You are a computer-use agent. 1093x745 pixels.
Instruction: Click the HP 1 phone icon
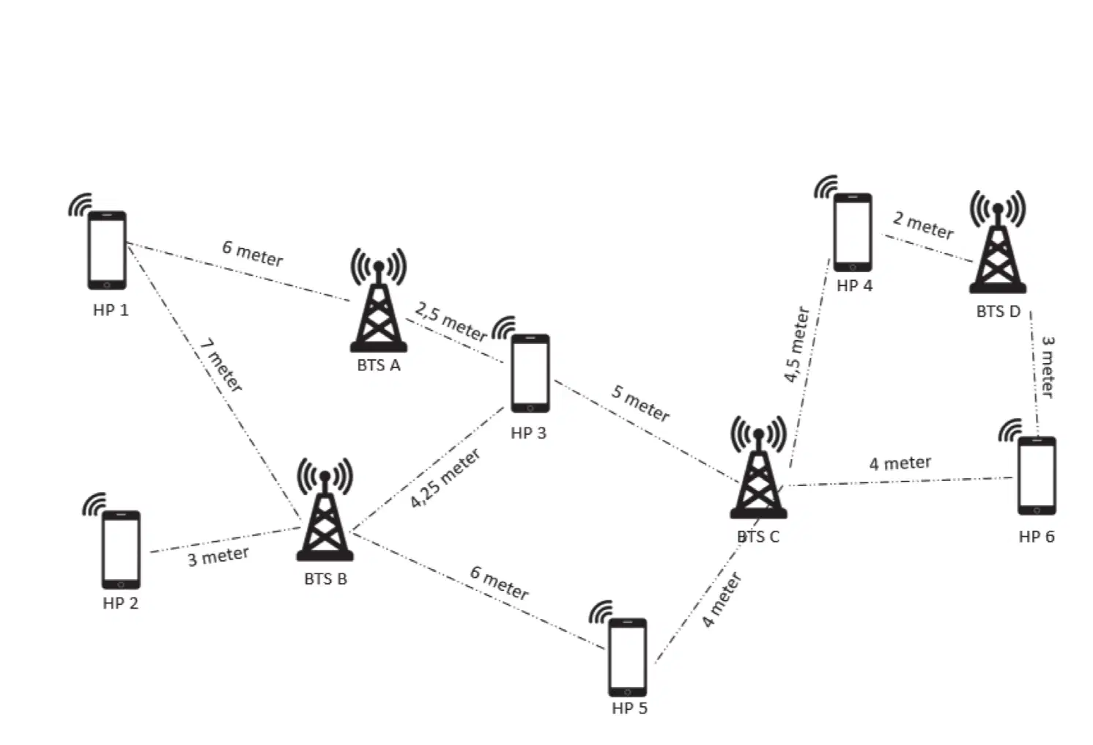tap(107, 250)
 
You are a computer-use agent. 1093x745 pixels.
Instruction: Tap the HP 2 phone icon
tap(121, 550)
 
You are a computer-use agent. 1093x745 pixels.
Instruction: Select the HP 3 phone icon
tap(530, 373)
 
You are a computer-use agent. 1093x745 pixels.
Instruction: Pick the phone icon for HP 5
tap(628, 658)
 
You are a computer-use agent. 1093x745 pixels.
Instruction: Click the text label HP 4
tap(854, 286)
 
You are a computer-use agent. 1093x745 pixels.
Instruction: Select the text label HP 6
tap(1037, 537)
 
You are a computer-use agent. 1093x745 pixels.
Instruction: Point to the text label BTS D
tap(998, 311)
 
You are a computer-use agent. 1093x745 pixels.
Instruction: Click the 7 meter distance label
tap(221, 365)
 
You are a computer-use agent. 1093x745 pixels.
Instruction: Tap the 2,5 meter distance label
tap(451, 321)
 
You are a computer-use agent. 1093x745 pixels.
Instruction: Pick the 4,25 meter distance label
tap(445, 478)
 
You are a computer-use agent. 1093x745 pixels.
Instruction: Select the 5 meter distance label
tap(641, 403)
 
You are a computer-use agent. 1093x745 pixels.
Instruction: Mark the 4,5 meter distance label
tap(796, 345)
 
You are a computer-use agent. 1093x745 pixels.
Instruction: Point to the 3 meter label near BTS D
tap(1048, 367)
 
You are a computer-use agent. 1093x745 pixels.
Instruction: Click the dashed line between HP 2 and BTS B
tap(226, 540)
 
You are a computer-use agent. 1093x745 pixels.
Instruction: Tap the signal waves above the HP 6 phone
tap(1009, 430)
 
